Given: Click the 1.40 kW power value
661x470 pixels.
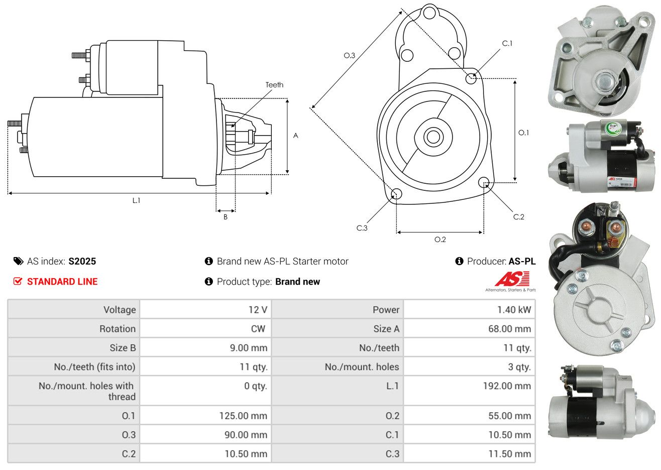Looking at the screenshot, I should click(514, 310).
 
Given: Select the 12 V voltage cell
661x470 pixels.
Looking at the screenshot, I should click(258, 310).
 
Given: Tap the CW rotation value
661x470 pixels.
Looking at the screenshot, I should click(258, 329).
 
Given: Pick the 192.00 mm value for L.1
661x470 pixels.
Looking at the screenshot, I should click(509, 386).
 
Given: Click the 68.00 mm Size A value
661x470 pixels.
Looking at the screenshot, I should click(509, 329).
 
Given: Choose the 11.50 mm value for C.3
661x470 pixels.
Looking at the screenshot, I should click(509, 454).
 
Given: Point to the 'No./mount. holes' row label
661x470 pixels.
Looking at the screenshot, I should click(362, 367).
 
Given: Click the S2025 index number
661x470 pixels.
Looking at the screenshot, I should click(82, 261).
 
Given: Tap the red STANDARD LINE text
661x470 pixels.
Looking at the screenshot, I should click(62, 282).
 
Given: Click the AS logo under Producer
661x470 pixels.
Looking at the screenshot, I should click(512, 279).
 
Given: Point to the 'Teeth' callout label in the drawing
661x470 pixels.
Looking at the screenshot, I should click(274, 85).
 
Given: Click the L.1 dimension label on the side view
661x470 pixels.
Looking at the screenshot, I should click(136, 200).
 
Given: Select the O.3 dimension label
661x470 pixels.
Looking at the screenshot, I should click(349, 55).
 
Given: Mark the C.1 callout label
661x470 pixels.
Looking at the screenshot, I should click(507, 43).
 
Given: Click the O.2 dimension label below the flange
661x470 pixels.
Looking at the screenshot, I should click(440, 240).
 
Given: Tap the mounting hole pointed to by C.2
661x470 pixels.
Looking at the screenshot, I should click(484, 182).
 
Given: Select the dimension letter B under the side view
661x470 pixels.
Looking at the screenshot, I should click(226, 217).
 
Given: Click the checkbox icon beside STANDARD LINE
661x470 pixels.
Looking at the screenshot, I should click(18, 281).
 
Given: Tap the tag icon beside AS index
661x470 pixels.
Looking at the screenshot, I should click(18, 261).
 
